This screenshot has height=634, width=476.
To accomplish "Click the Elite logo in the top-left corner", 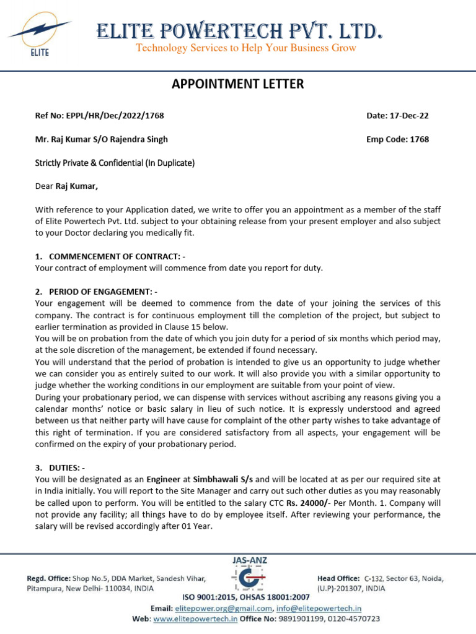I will pos(38,36).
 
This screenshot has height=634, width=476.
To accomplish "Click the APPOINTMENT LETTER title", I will pos(238,84).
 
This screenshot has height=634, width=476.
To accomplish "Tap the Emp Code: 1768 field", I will pos(397,139).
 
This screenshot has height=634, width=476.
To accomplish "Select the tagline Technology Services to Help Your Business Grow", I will pos(246,48).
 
